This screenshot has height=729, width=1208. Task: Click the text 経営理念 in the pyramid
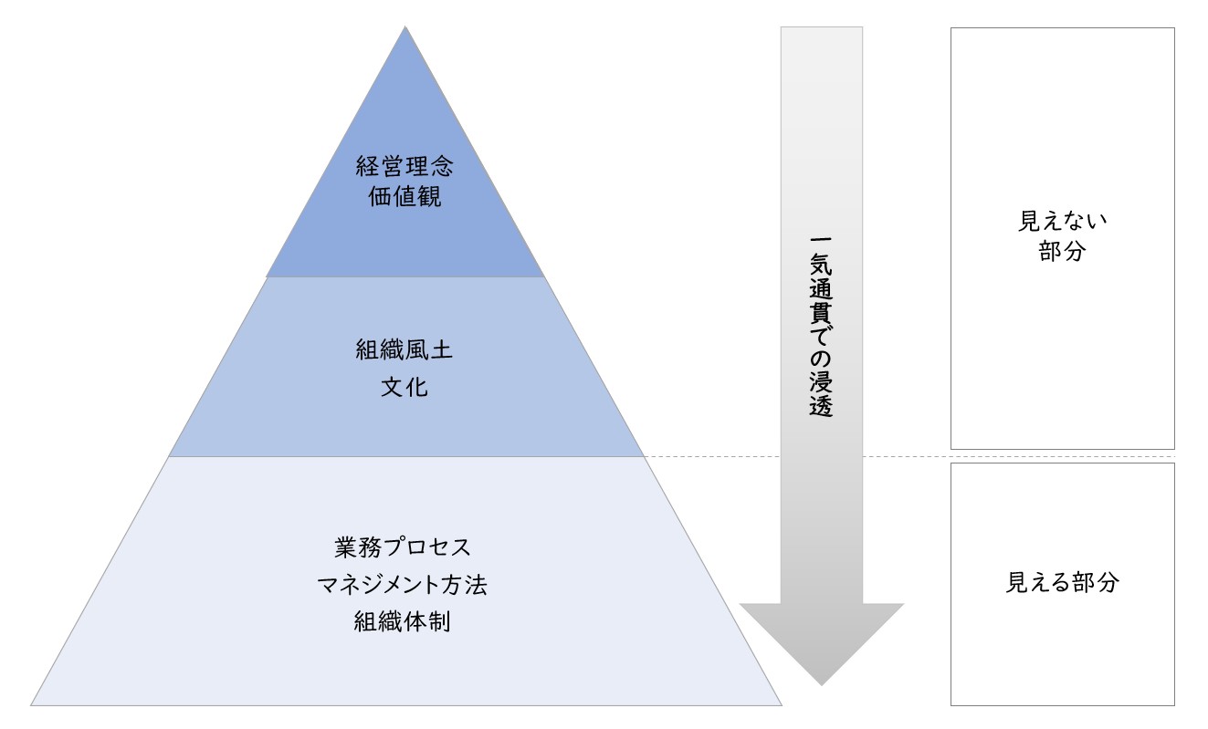[x=404, y=166]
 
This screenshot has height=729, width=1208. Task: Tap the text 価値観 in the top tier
[x=404, y=196]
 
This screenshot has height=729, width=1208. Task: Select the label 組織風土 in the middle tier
[x=404, y=349]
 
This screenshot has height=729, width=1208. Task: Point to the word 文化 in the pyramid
[x=404, y=387]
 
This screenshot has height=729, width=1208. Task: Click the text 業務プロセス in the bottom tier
[x=403, y=547]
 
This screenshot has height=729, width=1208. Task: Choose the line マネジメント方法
[x=403, y=585]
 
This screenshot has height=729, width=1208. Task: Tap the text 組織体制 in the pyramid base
[x=403, y=621]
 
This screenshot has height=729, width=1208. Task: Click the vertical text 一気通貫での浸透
[x=821, y=327]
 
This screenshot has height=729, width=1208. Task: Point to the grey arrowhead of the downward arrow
[x=822, y=644]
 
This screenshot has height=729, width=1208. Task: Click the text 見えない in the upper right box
[x=1062, y=221]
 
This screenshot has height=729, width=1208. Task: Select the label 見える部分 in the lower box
[x=1063, y=582]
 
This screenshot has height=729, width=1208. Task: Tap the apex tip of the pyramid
[x=405, y=26]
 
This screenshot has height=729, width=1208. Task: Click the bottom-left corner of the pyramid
[x=31, y=705]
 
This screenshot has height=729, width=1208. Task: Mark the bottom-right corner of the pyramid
[x=782, y=705]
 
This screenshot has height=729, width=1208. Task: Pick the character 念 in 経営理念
[x=442, y=166]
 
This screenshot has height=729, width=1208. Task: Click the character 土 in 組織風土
[x=442, y=349]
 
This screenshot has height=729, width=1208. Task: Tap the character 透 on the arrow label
[x=821, y=406]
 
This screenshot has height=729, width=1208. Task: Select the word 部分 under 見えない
[x=1062, y=251]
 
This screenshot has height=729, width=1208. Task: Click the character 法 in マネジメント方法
[x=477, y=585]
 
